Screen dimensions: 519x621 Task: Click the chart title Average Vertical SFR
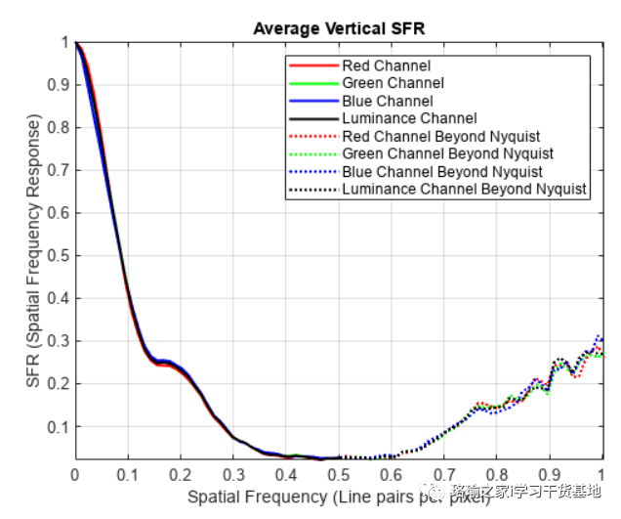(338, 28)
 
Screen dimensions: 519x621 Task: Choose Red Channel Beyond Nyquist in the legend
(441, 136)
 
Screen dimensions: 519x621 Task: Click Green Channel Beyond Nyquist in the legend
(447, 153)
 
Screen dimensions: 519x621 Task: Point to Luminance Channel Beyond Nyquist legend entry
(464, 189)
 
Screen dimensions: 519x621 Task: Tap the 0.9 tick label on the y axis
(58, 85)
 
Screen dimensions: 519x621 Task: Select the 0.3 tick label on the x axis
(233, 475)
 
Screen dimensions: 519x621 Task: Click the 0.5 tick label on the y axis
(58, 256)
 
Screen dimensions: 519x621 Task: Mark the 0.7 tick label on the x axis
(444, 475)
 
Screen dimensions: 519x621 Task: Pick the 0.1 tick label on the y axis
(58, 427)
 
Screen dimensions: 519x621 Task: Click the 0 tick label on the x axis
(75, 475)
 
